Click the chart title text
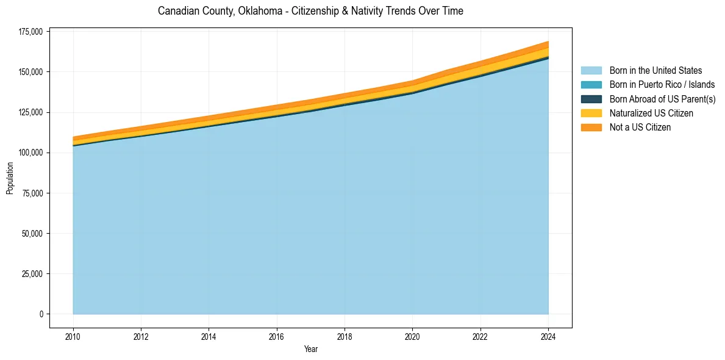coord(310,11)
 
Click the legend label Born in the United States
coord(655,71)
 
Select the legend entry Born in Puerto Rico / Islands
coord(662,85)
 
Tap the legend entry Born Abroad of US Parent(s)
coord(662,99)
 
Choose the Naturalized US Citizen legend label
coord(651,113)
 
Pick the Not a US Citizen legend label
coord(640,128)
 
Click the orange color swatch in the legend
coord(591,128)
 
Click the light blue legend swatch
coord(591,71)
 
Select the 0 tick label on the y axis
coord(41,314)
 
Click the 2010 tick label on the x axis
coord(73,336)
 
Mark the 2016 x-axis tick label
coord(277,336)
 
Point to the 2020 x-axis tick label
coord(413,336)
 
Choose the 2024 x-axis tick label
coord(548,336)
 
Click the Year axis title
coord(310,350)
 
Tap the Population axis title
coord(10,178)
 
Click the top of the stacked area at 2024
coord(548,41)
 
